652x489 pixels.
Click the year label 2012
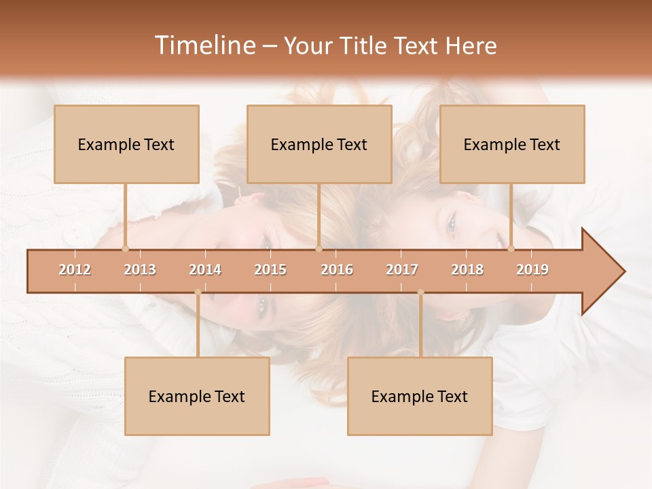pos(75,270)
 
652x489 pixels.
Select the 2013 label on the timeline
pos(140,270)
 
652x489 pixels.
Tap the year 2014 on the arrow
pos(205,270)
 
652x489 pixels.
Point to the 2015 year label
pos(270,270)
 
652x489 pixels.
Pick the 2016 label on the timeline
pos(337,270)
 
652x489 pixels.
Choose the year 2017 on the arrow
pos(402,270)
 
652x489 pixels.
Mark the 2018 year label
pos(467,270)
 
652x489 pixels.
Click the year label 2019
pos(532,270)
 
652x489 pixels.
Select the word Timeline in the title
pos(204,46)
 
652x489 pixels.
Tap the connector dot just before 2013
pos(125,249)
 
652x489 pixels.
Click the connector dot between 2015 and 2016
pos(319,249)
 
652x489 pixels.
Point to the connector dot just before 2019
pos(511,249)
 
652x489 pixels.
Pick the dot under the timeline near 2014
pos(198,292)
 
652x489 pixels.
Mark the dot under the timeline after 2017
pos(420,292)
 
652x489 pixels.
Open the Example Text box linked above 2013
pos(126,144)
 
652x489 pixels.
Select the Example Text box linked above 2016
pos(319,144)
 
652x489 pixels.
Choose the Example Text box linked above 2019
pos(512,144)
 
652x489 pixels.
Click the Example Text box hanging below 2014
pos(197,396)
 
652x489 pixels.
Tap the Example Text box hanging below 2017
pos(420,396)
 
